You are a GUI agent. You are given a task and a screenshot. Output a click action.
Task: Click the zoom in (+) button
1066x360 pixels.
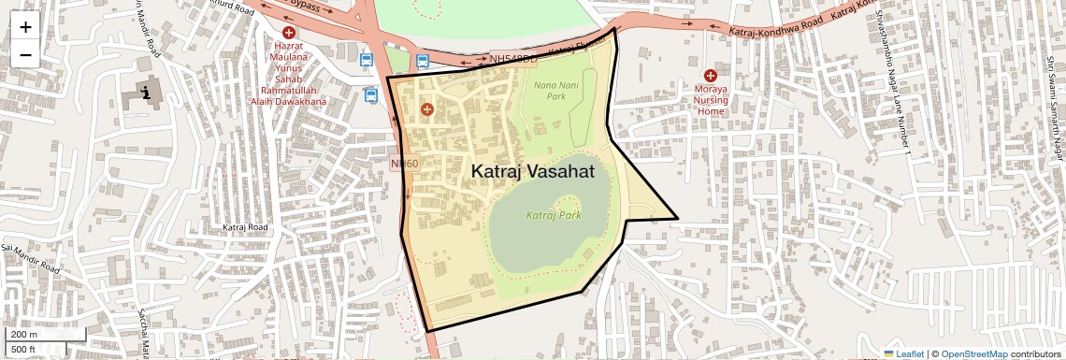tap(25, 27)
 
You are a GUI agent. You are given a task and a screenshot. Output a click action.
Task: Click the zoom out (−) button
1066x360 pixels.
tap(25, 54)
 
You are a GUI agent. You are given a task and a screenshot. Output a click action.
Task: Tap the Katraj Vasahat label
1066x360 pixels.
tap(532, 172)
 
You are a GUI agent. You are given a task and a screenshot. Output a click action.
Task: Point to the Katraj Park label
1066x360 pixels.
tap(554, 215)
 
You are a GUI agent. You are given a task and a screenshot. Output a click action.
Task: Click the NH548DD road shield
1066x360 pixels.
tap(513, 59)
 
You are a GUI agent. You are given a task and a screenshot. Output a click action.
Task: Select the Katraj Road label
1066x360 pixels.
tap(246, 227)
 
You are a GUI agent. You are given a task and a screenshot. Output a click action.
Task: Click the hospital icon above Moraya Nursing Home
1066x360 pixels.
tap(711, 75)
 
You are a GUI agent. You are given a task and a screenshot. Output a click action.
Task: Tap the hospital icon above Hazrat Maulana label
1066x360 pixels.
tap(288, 33)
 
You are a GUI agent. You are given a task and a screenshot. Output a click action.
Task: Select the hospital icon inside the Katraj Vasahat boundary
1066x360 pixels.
tap(427, 109)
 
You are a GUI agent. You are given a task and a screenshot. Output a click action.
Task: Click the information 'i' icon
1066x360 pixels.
tap(147, 93)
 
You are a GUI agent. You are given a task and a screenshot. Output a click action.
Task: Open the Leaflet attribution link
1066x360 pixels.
tap(903, 353)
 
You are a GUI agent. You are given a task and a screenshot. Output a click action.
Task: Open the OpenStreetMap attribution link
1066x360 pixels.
tap(973, 353)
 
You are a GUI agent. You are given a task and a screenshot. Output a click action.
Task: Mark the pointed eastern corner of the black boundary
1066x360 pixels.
tap(677, 220)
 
